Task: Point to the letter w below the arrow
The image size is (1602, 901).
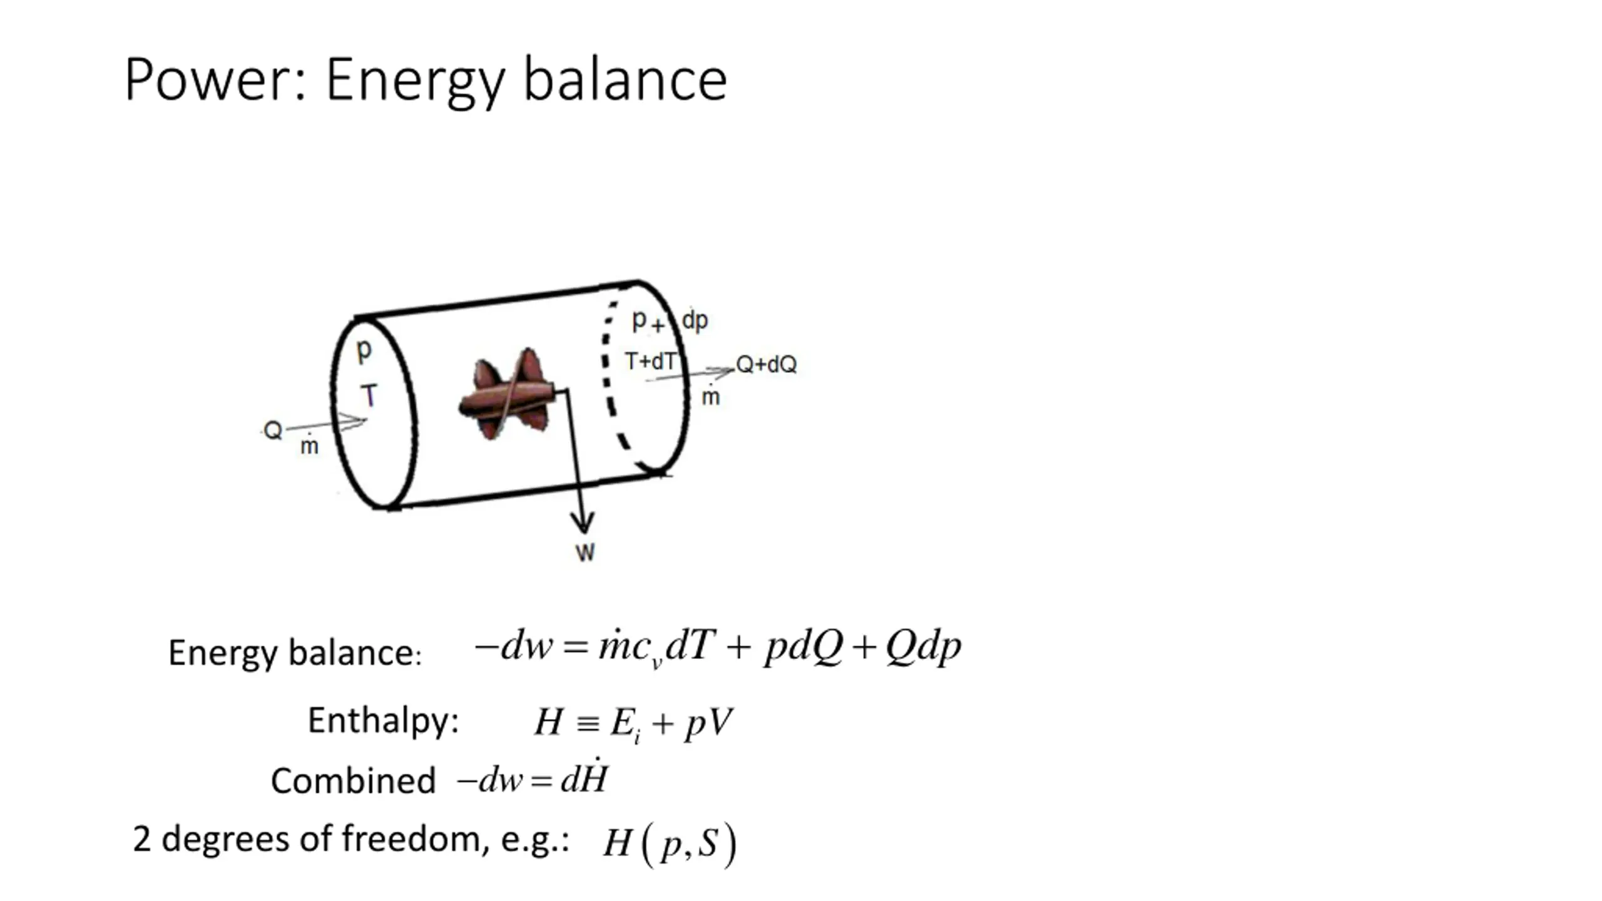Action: (x=585, y=552)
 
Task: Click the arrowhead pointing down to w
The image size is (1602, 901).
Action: (x=583, y=522)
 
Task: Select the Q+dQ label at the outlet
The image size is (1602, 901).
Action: (x=766, y=364)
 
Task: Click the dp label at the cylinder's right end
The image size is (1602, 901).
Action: (x=695, y=320)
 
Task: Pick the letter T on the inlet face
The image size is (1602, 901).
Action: (x=369, y=395)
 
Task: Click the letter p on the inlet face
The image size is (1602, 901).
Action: (x=364, y=350)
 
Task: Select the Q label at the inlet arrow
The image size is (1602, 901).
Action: (x=273, y=430)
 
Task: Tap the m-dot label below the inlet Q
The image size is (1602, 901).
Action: (x=309, y=445)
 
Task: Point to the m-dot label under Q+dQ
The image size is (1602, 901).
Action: (x=710, y=396)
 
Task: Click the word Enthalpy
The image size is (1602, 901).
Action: (x=383, y=720)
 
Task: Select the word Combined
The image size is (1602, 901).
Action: (x=353, y=781)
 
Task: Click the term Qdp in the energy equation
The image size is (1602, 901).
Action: (x=924, y=646)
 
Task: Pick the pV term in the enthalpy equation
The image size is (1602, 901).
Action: (x=708, y=723)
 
